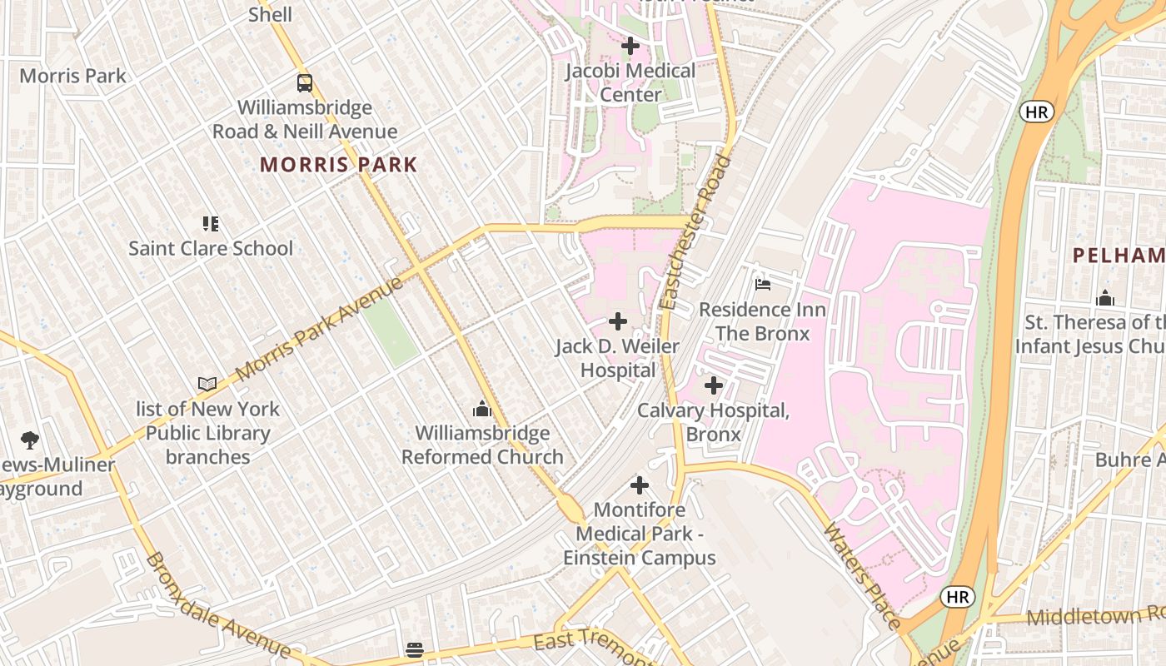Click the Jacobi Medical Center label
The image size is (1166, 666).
(630, 82)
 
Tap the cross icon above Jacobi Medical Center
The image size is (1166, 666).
(630, 46)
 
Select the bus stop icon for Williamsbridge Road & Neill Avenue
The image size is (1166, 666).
(305, 83)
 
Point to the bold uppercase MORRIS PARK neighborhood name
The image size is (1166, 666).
(338, 164)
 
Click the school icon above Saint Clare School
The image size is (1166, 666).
(211, 223)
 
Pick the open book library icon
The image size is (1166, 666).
(207, 384)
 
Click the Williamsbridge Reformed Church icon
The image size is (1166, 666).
(481, 409)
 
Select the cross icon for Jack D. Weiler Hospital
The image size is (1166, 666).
(618, 321)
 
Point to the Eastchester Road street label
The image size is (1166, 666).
(695, 233)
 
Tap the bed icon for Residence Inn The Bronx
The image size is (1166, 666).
(762, 285)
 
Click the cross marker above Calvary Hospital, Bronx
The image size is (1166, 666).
(714, 385)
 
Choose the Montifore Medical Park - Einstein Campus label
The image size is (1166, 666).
(640, 534)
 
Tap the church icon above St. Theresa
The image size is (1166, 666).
(1105, 298)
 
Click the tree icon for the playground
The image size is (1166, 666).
(30, 440)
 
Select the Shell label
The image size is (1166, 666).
(271, 14)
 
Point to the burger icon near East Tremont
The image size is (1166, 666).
(415, 649)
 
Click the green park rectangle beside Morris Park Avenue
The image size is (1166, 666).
(391, 331)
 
